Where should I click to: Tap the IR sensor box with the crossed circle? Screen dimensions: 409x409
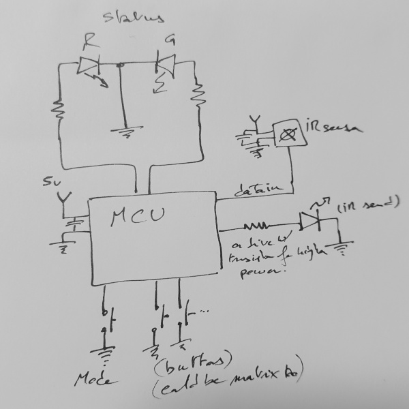point(288,134)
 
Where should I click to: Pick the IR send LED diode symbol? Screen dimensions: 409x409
point(310,220)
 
